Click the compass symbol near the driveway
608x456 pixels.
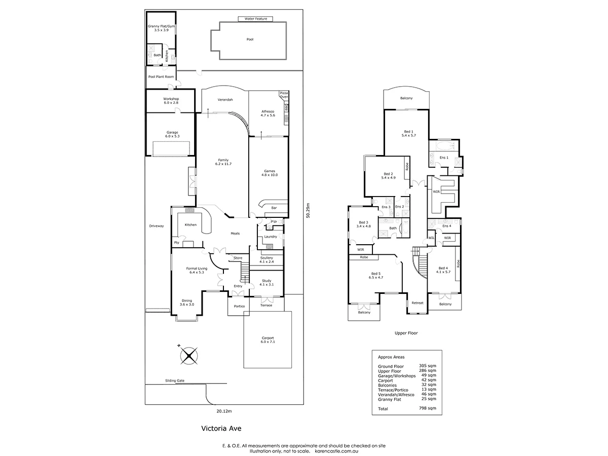pyautogui.click(x=188, y=355)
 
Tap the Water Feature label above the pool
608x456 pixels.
pyautogui.click(x=255, y=19)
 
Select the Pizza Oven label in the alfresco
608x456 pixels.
pyautogui.click(x=283, y=95)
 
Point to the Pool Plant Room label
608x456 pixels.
pyautogui.click(x=161, y=77)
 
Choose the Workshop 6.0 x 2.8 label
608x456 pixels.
pyautogui.click(x=171, y=100)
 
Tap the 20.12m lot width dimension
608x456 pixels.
pyautogui.click(x=224, y=411)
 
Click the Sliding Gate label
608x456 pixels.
pyautogui.click(x=174, y=380)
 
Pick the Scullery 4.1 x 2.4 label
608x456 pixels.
pyautogui.click(x=266, y=259)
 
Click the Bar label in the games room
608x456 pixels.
pyautogui.click(x=274, y=208)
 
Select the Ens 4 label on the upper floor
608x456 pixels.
pyautogui.click(x=446, y=225)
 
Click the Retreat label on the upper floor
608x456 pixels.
pyautogui.click(x=417, y=303)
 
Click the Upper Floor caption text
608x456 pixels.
pyautogui.click(x=406, y=333)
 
